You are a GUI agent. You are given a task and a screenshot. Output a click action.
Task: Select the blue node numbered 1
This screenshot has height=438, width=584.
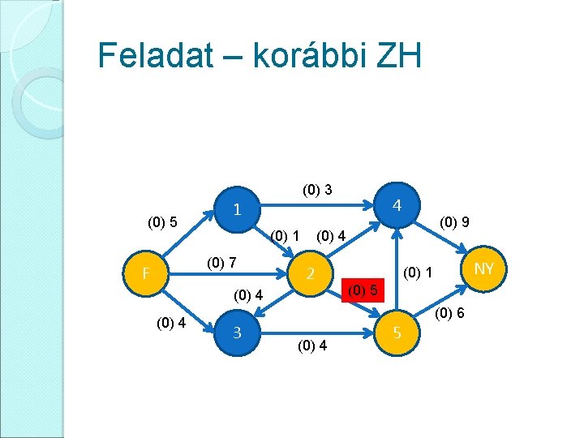click(x=236, y=208)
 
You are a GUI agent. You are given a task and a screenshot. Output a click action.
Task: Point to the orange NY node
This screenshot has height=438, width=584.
click(x=484, y=268)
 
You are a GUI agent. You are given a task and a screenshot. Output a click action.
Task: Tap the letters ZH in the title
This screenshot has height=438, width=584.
click(x=398, y=56)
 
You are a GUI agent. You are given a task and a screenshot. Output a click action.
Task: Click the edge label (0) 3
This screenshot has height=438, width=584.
click(x=317, y=191)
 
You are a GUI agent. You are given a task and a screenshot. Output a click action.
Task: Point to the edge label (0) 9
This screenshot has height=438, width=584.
click(x=455, y=221)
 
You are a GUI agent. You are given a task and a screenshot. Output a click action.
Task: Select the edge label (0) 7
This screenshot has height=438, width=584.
click(x=221, y=262)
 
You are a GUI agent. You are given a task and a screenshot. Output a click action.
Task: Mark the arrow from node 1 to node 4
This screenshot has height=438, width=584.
click(x=316, y=205)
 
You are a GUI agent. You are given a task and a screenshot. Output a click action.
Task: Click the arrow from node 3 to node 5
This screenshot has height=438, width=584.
click(x=316, y=332)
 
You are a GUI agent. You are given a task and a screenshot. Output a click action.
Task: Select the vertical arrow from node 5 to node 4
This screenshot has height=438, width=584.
click(x=397, y=268)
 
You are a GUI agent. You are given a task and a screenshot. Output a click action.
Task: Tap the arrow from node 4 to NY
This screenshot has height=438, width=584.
click(x=441, y=235)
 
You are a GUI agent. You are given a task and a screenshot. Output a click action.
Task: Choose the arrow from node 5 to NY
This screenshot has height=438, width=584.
click(x=441, y=300)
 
